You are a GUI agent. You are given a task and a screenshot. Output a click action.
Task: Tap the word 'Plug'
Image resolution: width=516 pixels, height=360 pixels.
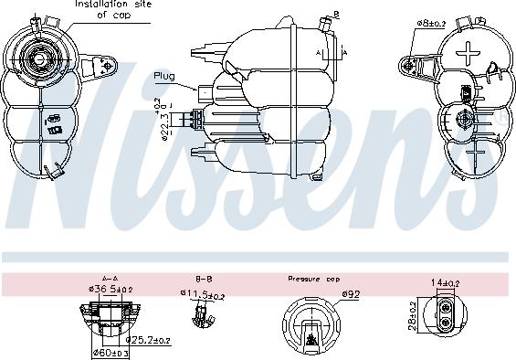[163, 76]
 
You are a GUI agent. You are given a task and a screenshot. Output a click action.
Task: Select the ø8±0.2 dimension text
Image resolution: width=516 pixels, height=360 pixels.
[432, 21]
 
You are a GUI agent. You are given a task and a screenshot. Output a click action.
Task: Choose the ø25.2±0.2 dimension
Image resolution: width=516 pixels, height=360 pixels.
[148, 341]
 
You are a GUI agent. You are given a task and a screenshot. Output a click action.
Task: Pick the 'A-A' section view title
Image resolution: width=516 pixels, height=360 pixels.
[110, 278]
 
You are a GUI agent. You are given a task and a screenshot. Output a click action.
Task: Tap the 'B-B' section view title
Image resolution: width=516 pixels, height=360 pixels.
[204, 278]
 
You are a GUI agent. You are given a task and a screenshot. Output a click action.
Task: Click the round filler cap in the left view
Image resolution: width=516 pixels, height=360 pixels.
[40, 59]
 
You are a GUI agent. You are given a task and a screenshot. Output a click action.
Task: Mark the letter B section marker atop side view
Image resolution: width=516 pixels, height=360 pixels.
[335, 15]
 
